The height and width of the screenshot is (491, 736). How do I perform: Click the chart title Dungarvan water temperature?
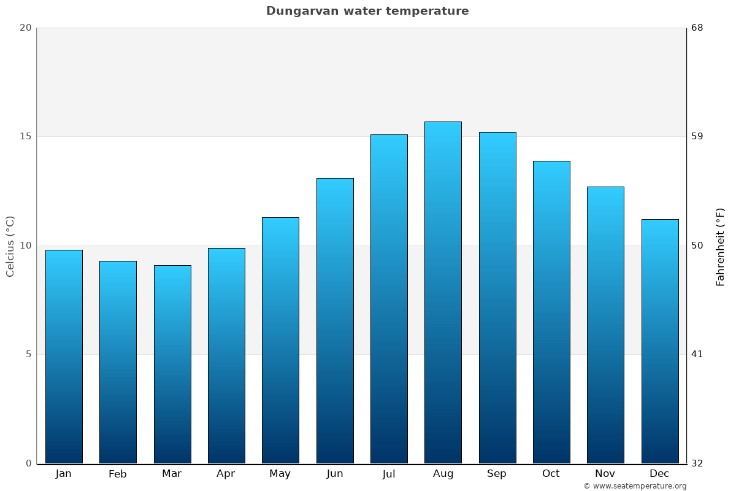[367, 11]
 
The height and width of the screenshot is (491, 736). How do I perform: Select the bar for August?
[443, 293]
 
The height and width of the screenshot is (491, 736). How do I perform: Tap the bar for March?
[172, 365]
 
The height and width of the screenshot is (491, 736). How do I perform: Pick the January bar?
[64, 357]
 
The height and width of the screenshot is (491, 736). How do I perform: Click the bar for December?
[660, 341]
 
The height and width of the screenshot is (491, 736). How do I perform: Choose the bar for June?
[335, 321]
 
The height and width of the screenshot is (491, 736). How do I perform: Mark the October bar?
[551, 312]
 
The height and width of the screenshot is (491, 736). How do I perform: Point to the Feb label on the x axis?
[118, 474]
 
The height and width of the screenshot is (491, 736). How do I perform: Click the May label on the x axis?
[280, 474]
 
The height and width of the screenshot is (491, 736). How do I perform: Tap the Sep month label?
[497, 474]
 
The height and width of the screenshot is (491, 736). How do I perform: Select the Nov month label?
[605, 474]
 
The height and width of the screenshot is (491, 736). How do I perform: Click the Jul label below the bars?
[389, 474]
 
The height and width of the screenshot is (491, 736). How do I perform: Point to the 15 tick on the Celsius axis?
[25, 136]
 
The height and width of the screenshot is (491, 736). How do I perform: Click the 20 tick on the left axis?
[25, 28]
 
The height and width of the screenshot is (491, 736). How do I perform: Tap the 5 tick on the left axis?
[28, 354]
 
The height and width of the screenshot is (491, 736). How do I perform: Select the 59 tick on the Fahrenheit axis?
[697, 136]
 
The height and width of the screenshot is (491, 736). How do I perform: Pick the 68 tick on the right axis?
[697, 28]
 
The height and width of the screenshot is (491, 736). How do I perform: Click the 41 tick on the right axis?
[697, 354]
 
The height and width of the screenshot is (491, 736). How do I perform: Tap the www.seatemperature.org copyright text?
[635, 486]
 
